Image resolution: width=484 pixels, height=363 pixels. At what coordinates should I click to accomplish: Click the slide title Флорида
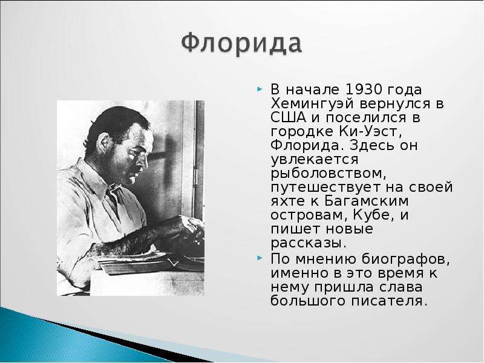pyautogui.click(x=241, y=44)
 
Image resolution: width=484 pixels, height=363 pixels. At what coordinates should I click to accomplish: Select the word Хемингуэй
pyautogui.click(x=312, y=104)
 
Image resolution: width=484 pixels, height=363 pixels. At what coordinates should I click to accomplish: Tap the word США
pyautogui.click(x=289, y=117)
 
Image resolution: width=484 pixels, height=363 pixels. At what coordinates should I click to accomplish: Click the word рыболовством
pyautogui.click(x=329, y=174)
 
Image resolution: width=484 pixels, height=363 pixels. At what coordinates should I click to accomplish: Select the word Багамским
pyautogui.click(x=367, y=201)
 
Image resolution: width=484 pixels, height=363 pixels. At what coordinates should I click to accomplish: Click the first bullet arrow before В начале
pyautogui.click(x=260, y=90)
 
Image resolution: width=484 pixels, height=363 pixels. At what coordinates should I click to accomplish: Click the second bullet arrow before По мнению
pyautogui.click(x=260, y=258)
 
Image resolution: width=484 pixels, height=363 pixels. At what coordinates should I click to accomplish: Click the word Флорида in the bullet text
pyautogui.click(x=305, y=146)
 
